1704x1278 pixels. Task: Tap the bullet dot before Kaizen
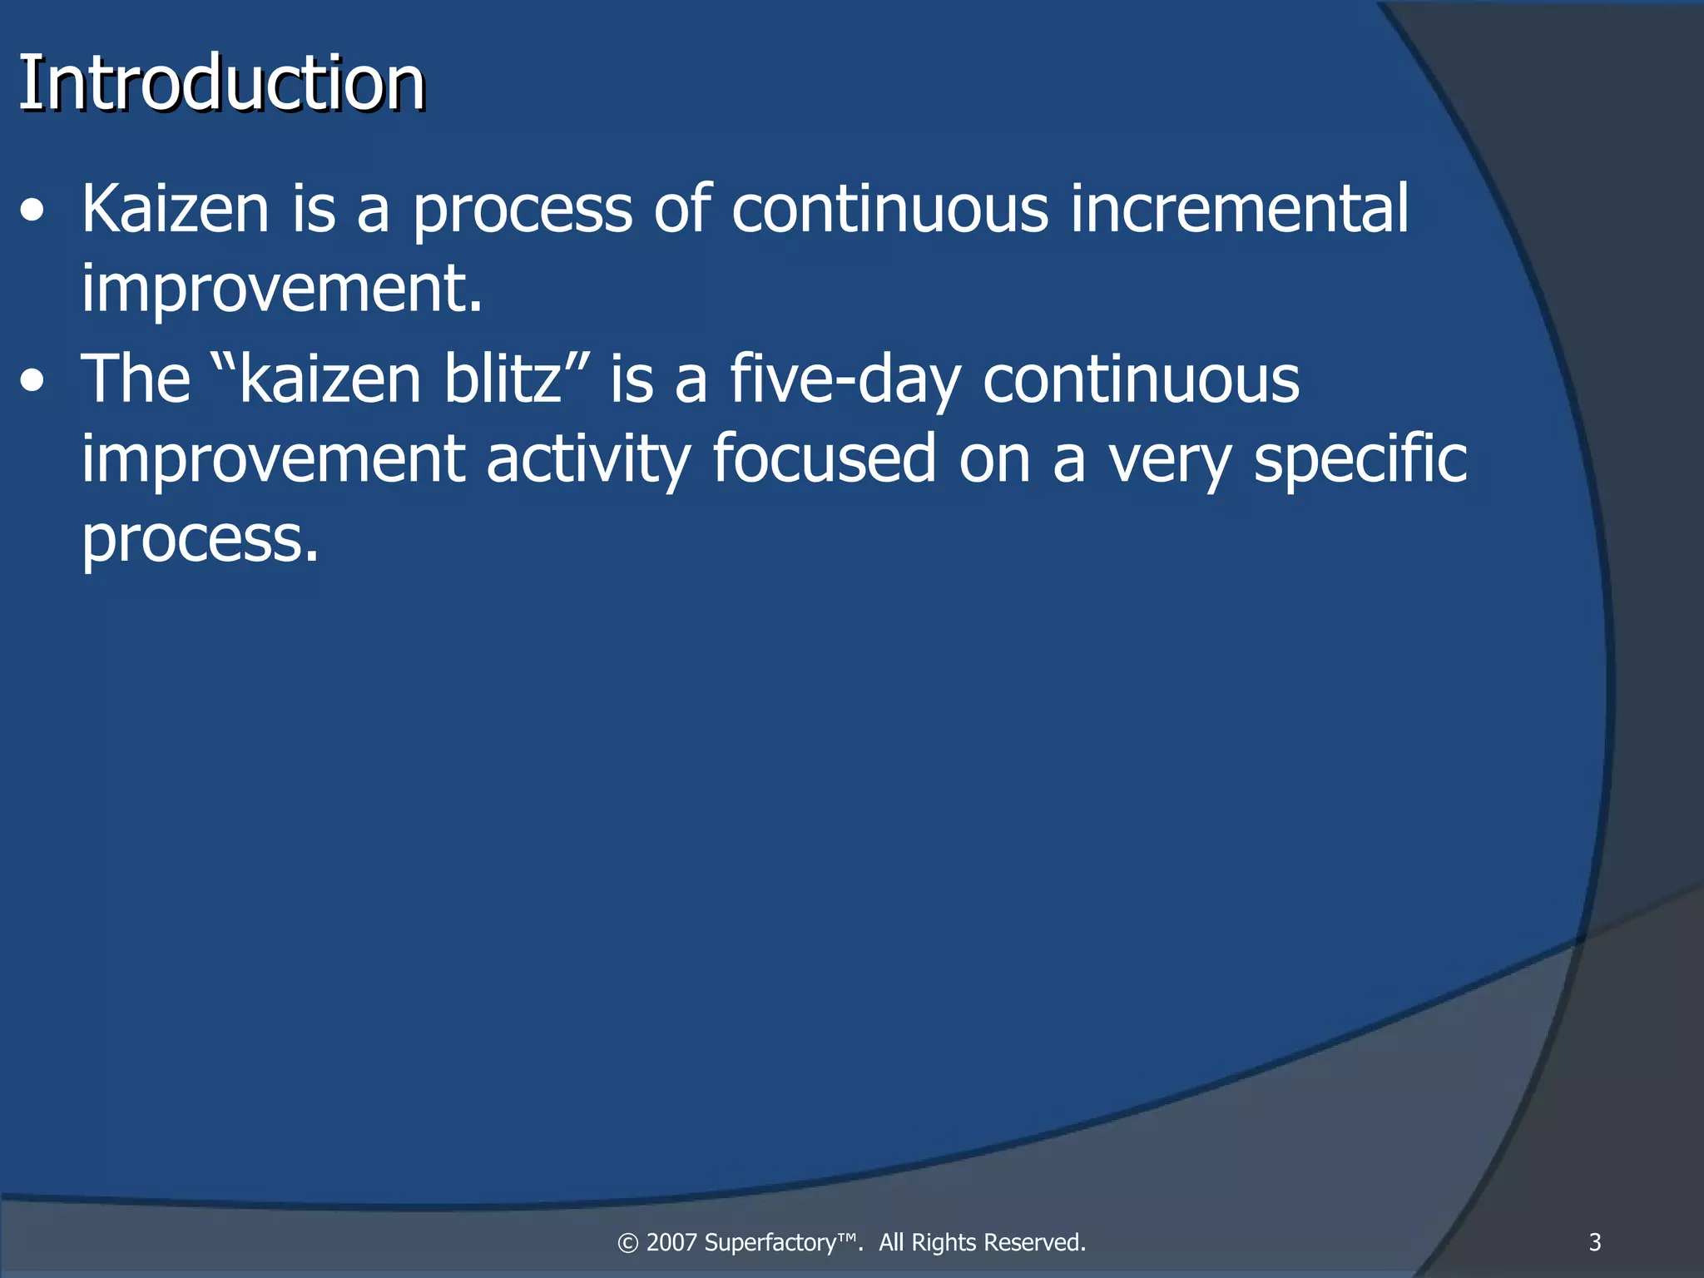point(32,211)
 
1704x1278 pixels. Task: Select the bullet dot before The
point(32,382)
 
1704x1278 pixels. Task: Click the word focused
point(824,458)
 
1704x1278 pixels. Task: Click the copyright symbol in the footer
point(628,1243)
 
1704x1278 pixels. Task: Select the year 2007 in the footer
point(671,1242)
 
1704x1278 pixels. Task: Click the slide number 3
point(1594,1242)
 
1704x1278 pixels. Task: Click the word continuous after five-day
point(1141,379)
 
